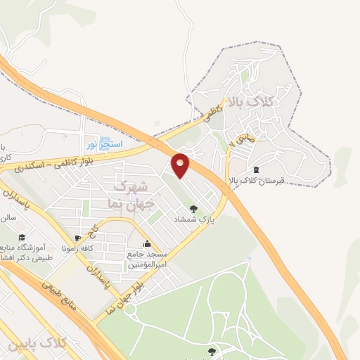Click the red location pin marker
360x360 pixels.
180,165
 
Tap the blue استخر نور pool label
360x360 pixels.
105,145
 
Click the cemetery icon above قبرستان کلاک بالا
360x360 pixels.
255,169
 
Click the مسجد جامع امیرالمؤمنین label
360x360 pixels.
146,260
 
